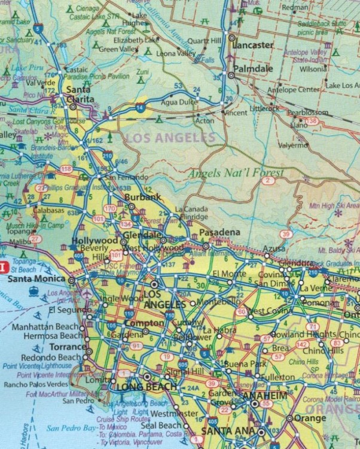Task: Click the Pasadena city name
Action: pyautogui.click(x=219, y=232)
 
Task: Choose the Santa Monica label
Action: pyautogui.click(x=35, y=278)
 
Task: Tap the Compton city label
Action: pyautogui.click(x=144, y=323)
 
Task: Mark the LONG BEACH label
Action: pyautogui.click(x=147, y=387)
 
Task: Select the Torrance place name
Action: pyautogui.click(x=68, y=347)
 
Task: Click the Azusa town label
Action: pyautogui.click(x=274, y=248)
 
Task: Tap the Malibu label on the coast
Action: pyautogui.click(x=13, y=242)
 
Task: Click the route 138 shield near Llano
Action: pyautogui.click(x=311, y=122)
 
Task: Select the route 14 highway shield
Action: pyautogui.click(x=140, y=107)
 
